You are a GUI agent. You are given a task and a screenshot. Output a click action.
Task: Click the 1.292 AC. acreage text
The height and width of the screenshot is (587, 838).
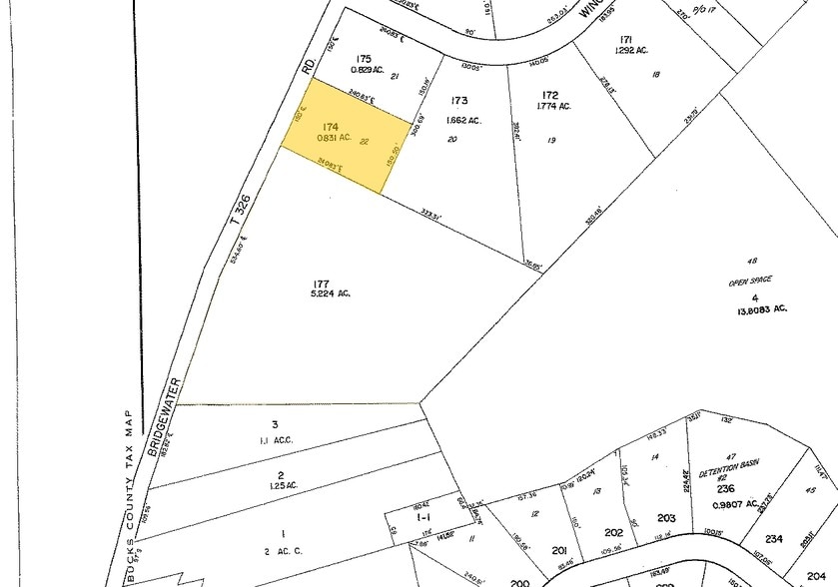634,50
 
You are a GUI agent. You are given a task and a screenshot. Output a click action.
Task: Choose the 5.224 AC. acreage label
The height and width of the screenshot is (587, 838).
331,293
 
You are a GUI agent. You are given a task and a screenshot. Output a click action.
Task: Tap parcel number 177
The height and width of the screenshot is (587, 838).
321,280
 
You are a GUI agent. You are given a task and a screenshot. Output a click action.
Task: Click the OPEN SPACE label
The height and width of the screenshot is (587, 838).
751,283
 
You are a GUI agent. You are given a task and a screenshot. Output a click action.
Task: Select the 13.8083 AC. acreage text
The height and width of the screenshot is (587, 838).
755,308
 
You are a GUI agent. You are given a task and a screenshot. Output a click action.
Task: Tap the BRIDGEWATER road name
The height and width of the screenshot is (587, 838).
166,417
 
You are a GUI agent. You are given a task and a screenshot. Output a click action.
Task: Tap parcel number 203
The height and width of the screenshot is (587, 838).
667,517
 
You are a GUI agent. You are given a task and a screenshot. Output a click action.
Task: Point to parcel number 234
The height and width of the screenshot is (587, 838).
774,539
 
